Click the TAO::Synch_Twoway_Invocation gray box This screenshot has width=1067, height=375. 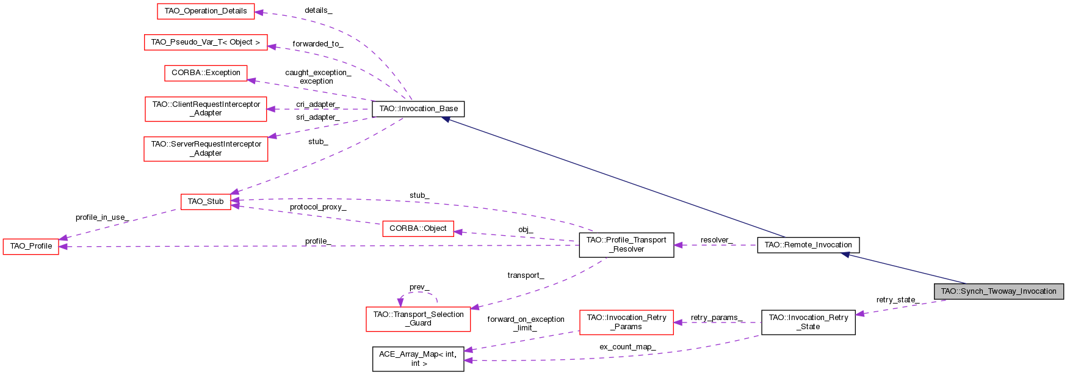click(x=998, y=291)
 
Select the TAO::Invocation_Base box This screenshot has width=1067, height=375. click(x=418, y=109)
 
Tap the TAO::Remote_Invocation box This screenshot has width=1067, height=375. click(x=808, y=245)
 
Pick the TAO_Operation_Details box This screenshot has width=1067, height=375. click(x=206, y=11)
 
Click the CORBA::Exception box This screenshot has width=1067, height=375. click(x=206, y=73)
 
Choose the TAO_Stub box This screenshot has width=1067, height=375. click(x=206, y=202)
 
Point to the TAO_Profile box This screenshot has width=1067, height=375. click(x=31, y=246)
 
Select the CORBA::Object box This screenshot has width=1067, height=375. click(x=418, y=228)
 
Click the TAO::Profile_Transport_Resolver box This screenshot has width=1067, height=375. click(x=626, y=244)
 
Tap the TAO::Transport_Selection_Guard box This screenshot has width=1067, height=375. click(x=418, y=319)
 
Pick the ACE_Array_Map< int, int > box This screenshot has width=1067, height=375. click(x=418, y=359)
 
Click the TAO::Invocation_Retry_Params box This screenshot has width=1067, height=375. click(x=626, y=322)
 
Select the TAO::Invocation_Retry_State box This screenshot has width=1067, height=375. click(x=808, y=322)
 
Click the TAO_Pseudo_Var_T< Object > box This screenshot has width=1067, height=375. click(x=206, y=42)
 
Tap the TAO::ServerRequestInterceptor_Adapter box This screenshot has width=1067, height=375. click(x=206, y=148)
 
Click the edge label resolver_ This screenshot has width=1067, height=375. click(x=717, y=240)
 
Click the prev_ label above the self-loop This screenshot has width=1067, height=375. click(x=419, y=287)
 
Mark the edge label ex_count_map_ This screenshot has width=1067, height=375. click(x=628, y=347)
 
